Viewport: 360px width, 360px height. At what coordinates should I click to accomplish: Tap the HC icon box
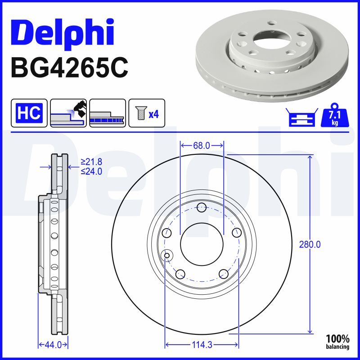pos(29,112)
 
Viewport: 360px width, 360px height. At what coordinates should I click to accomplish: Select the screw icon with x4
pos(147,112)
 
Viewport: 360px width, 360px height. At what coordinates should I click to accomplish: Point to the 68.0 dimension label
pos(202,145)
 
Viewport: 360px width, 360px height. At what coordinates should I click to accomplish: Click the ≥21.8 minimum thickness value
pos(91,162)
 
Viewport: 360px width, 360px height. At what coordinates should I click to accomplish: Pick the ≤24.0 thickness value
pos(91,171)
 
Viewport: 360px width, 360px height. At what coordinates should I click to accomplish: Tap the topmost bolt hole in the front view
pos(202,207)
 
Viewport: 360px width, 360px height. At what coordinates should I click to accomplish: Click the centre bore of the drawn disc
pos(202,244)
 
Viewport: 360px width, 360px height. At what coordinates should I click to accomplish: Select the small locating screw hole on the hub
pos(167,256)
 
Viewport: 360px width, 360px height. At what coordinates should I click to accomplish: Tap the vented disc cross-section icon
pos(107,112)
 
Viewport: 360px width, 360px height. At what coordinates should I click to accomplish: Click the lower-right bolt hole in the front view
pos(223,274)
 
